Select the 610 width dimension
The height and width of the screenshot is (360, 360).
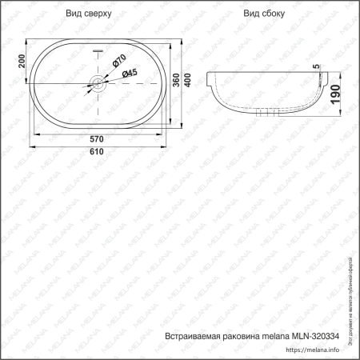pyautogui.click(x=98, y=151)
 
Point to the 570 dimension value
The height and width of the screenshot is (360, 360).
pyautogui.click(x=98, y=137)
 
